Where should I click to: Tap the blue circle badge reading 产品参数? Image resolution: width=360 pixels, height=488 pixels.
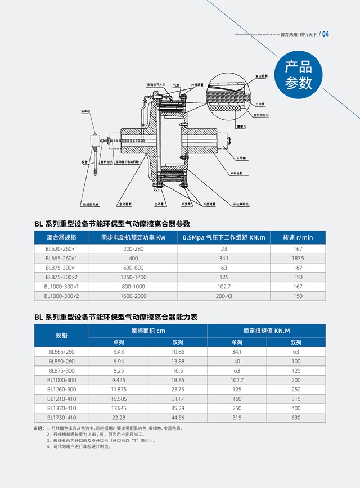298,76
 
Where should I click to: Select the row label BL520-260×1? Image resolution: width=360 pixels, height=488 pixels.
65,248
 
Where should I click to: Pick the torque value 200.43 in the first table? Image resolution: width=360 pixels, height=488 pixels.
223,296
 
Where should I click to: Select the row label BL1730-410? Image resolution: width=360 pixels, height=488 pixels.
61,418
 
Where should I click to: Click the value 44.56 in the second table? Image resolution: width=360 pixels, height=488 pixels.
178,418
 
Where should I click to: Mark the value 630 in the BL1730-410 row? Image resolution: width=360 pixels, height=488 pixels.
296,418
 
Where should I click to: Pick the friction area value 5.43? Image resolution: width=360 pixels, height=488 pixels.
119,351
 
